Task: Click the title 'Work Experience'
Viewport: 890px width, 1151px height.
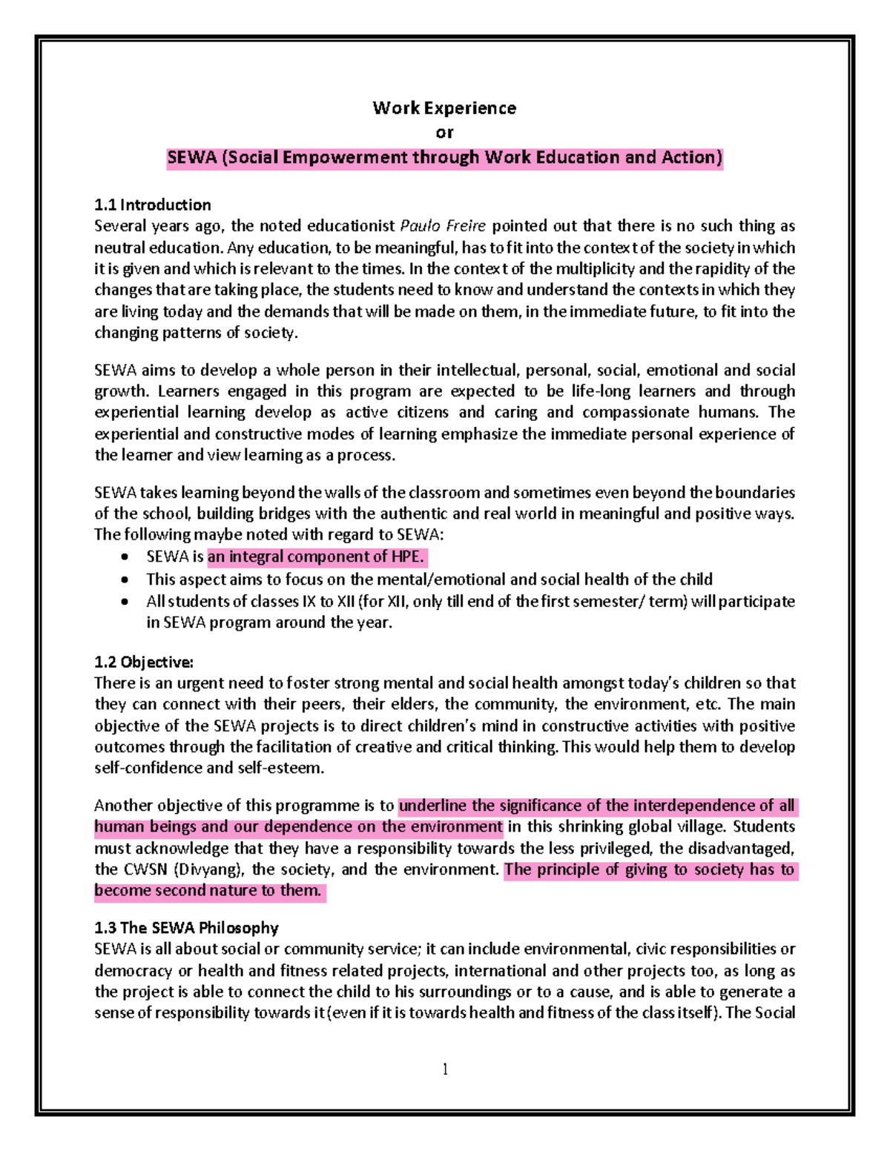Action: coord(444,108)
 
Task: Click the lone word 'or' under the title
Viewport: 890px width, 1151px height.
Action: coord(444,133)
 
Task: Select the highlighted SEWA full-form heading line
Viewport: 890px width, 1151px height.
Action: coord(444,158)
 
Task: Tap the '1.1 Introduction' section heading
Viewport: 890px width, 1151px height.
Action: coord(152,205)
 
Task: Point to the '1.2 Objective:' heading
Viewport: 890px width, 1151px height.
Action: coord(143,662)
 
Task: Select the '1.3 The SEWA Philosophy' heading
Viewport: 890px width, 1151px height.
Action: coord(186,928)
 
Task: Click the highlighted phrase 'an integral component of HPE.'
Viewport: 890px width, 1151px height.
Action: coord(316,557)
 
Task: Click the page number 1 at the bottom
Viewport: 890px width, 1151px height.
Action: coord(445,1069)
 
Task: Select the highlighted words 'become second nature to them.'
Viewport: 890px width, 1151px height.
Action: coord(208,891)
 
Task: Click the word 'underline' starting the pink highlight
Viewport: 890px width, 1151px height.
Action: coord(432,806)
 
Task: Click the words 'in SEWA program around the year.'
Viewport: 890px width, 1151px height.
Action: coord(268,623)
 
